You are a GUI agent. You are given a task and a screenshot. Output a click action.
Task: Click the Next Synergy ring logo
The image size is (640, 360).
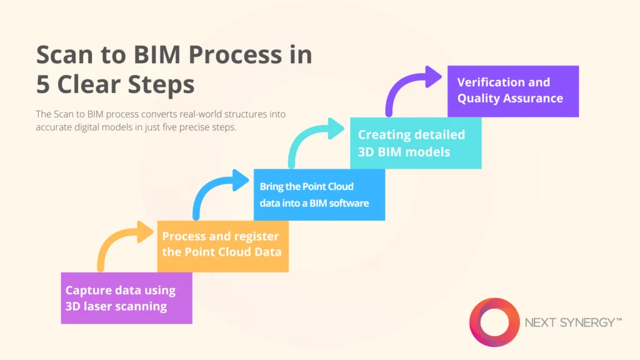(494, 322)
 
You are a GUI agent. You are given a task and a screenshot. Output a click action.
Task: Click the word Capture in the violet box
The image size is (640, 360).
(87, 290)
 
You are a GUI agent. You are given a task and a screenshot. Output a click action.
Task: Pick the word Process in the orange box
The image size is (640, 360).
(183, 236)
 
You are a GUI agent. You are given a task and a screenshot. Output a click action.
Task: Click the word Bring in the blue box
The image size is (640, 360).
(272, 187)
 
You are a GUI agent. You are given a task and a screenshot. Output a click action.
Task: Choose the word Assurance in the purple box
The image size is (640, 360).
(535, 98)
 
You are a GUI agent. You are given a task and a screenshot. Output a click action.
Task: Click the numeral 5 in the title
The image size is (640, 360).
(43, 84)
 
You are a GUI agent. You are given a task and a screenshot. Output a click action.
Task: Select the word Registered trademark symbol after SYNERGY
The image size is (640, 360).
(619, 320)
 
